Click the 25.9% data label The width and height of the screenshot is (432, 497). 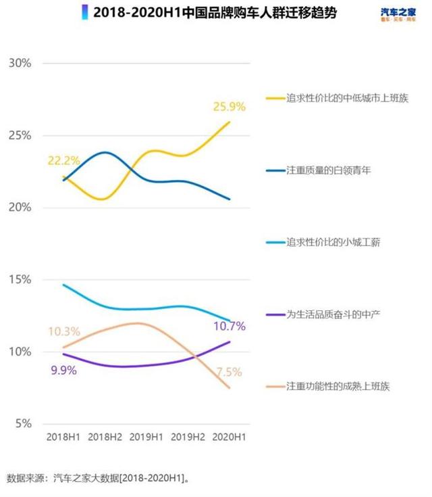(230, 106)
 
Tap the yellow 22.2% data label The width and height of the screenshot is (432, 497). (63, 161)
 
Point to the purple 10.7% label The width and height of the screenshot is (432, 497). (230, 326)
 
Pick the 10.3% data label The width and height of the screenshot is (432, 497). (64, 331)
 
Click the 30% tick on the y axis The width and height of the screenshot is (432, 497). (19, 63)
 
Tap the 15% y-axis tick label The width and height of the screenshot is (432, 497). (19, 279)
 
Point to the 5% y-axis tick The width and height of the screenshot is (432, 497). (22, 424)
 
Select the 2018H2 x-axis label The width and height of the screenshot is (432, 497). (105, 437)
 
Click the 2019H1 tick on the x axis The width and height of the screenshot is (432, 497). (146, 437)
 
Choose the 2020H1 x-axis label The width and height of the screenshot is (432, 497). (230, 437)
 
